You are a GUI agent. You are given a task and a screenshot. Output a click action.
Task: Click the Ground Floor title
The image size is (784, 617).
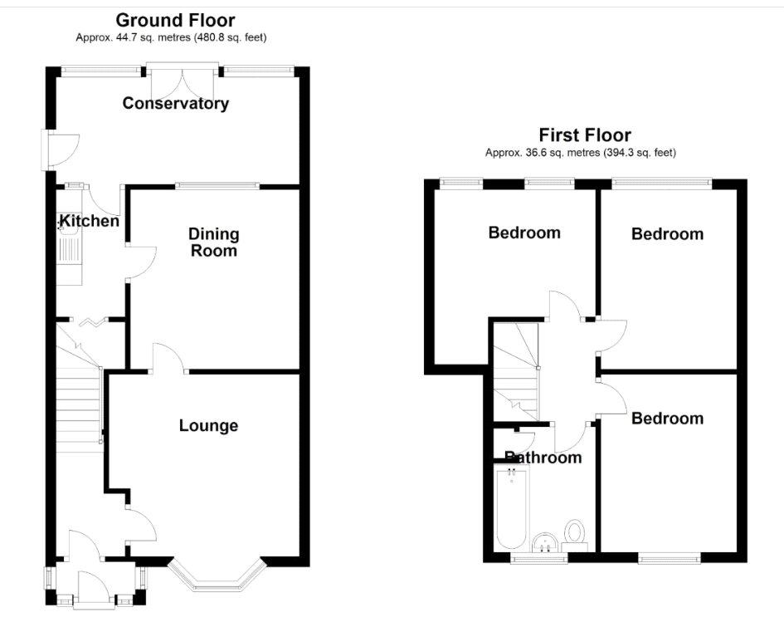click(x=175, y=21)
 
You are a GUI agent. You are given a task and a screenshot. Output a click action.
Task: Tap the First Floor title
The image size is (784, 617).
click(x=585, y=135)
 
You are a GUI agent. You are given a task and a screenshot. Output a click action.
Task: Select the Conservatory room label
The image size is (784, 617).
click(x=176, y=104)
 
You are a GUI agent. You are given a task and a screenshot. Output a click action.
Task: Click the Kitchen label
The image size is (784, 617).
click(x=90, y=221)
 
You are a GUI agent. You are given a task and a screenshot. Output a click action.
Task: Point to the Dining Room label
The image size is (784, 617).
click(x=213, y=242)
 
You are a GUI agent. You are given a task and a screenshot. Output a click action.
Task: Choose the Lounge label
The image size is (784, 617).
click(x=208, y=426)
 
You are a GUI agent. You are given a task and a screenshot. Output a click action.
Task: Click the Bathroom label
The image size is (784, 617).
click(x=543, y=457)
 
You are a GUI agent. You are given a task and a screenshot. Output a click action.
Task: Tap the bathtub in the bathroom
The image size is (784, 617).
click(x=511, y=507)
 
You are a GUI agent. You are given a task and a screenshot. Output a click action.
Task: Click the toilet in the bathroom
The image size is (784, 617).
click(x=574, y=531)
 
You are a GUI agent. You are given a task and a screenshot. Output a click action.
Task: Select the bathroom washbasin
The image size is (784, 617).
click(x=545, y=542)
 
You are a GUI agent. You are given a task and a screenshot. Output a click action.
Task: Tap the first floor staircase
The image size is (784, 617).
click(x=516, y=372)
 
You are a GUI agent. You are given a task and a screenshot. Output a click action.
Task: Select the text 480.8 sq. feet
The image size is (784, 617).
click(x=230, y=37)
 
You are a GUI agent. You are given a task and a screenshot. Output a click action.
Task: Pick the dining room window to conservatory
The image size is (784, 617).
click(x=217, y=186)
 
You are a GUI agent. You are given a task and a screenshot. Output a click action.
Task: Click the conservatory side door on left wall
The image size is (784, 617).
click(x=59, y=149)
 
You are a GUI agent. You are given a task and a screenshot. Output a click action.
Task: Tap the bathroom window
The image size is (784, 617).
click(x=539, y=557)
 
